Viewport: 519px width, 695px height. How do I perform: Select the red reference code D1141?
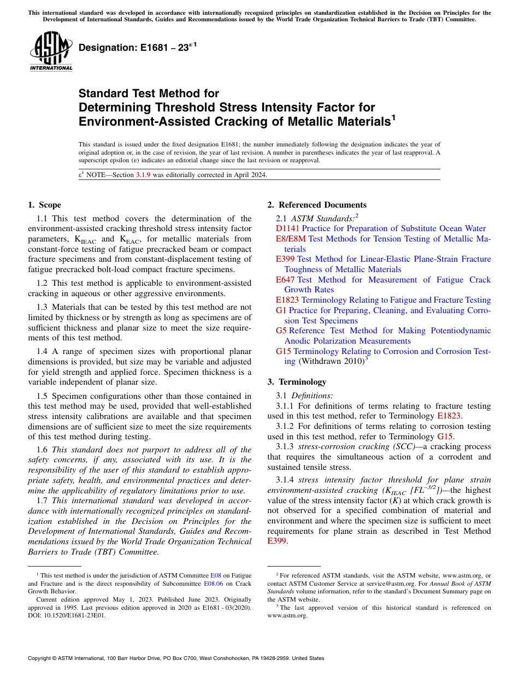coord(287,228)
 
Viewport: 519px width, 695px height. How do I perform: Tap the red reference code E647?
coord(285,280)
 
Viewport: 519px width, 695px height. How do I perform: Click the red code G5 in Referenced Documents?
coord(281,331)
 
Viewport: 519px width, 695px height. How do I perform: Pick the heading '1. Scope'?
coord(44,205)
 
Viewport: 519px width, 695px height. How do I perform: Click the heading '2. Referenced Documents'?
coord(316,205)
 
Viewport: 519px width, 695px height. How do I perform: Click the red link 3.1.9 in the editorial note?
coord(144,175)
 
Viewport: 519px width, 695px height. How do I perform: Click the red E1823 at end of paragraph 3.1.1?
coord(449,416)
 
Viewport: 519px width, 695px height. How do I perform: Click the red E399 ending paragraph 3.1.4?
coord(277,541)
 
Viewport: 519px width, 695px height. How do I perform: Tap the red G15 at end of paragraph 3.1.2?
coord(445,436)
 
